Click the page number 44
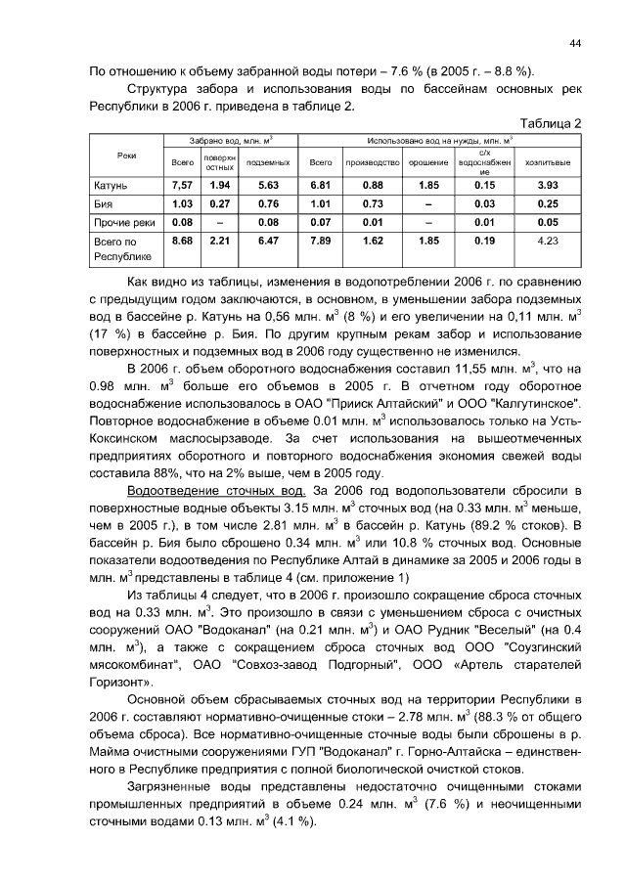coord(575,43)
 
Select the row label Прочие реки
coord(123,222)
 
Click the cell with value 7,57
coord(181,185)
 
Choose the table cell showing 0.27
coord(219,203)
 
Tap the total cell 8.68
coord(181,240)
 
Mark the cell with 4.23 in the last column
coord(548,240)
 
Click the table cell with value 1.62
coord(373,240)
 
